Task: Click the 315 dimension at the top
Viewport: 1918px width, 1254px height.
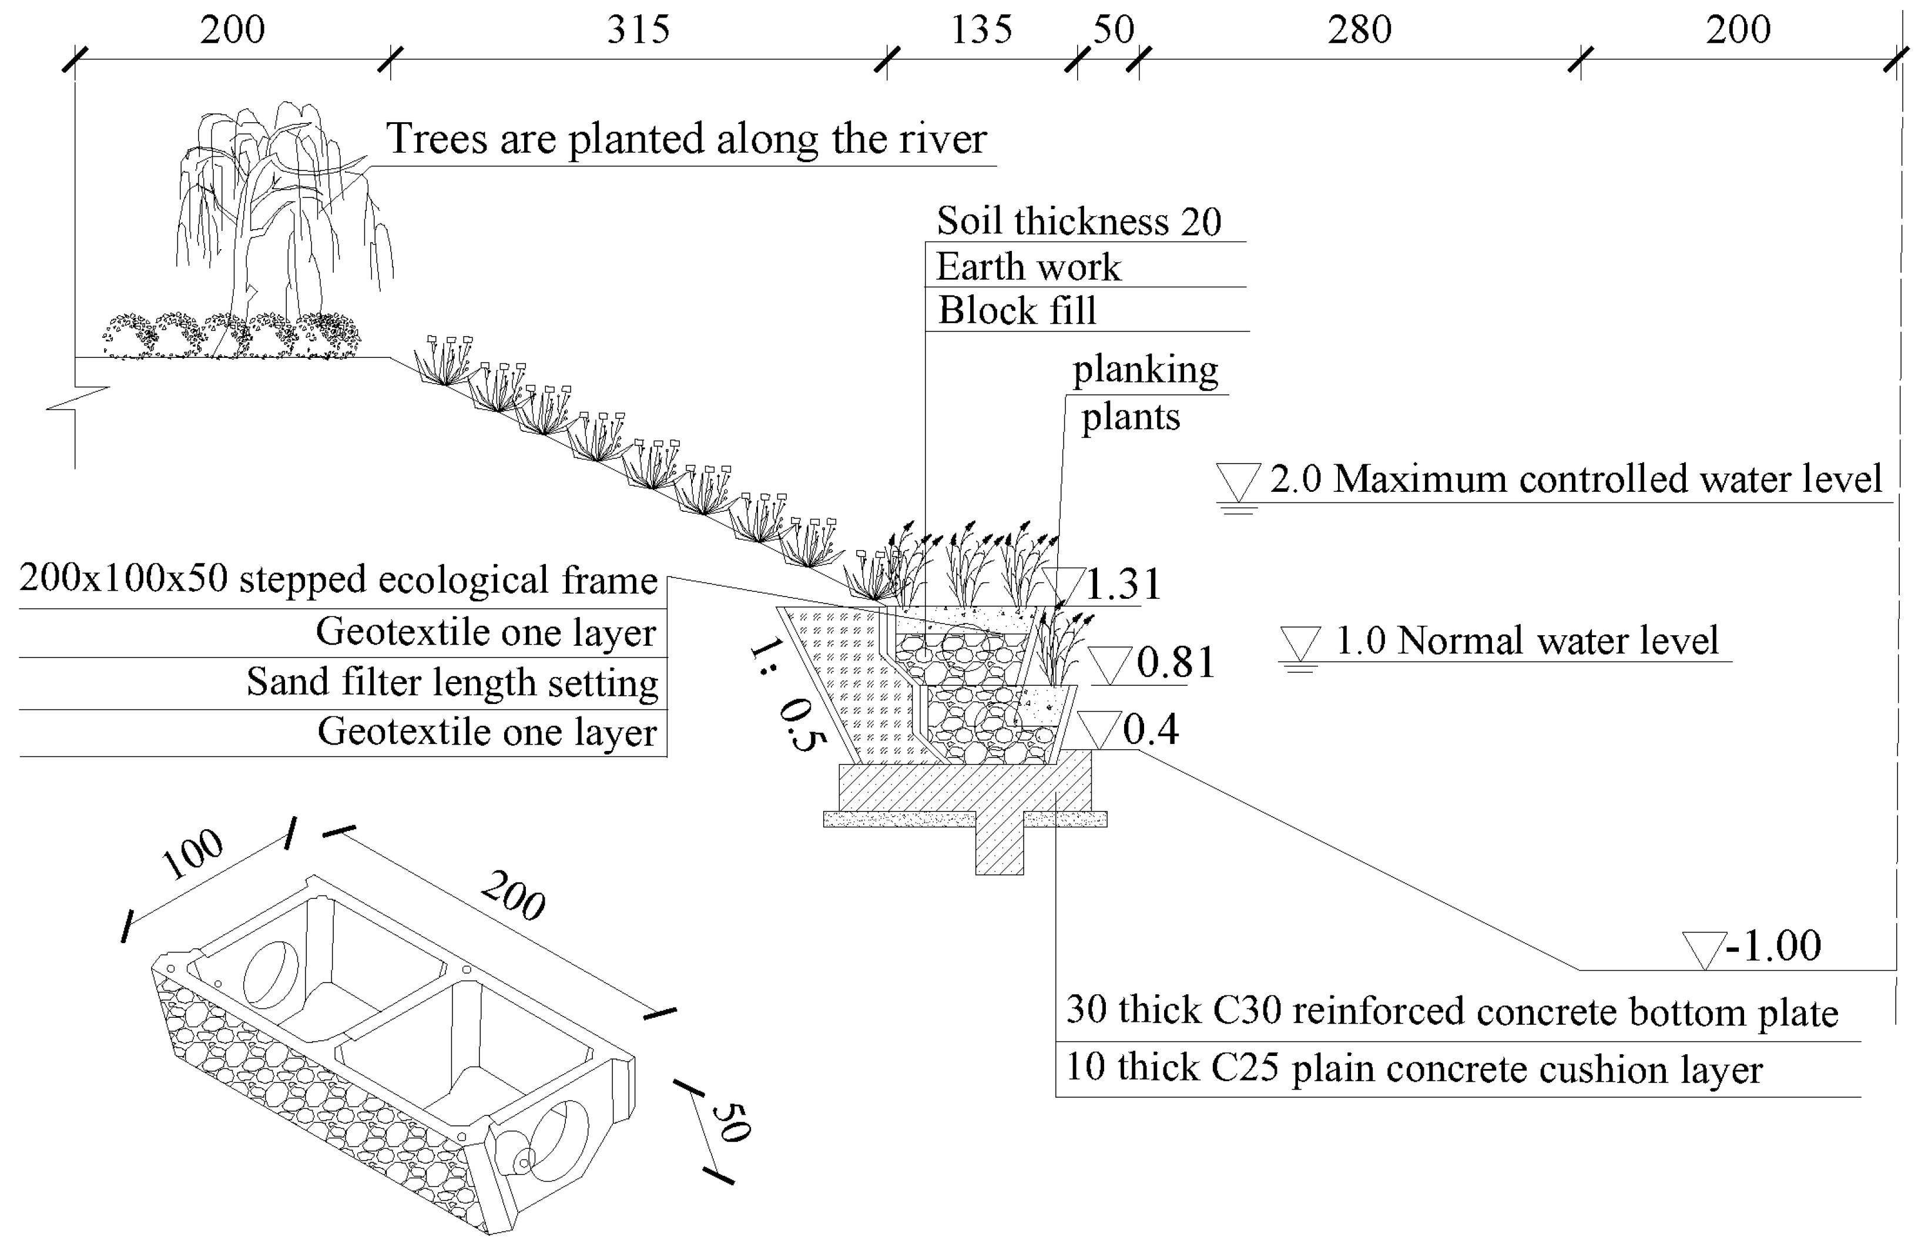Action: click(638, 31)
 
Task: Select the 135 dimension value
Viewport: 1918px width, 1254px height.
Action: click(981, 31)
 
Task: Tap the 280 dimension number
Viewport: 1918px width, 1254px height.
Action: click(1360, 31)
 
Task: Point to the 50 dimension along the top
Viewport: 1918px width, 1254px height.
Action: click(1114, 31)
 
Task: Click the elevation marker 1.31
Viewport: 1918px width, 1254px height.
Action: click(1122, 584)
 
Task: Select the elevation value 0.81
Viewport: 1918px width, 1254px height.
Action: click(1175, 663)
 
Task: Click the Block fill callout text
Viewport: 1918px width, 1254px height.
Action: click(1017, 311)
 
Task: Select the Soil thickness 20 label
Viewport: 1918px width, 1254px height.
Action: click(1078, 222)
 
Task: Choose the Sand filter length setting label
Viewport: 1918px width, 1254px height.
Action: click(452, 683)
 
